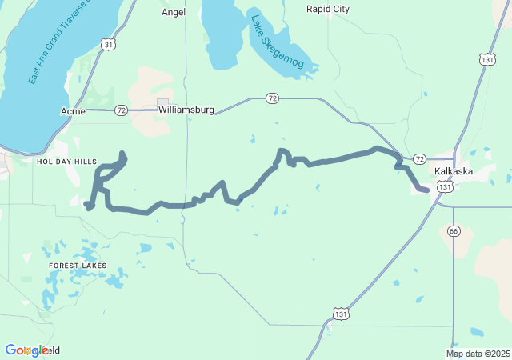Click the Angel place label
174,12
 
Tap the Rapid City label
328,9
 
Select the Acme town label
73,110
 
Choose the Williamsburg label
186,110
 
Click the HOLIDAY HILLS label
66,162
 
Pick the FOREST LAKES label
77,265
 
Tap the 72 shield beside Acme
121,110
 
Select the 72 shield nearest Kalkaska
419,158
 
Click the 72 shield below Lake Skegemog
272,98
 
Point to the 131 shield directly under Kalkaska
445,186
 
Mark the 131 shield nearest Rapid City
487,58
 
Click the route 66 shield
454,231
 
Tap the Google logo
26,350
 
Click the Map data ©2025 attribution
478,354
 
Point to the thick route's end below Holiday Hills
86,205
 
